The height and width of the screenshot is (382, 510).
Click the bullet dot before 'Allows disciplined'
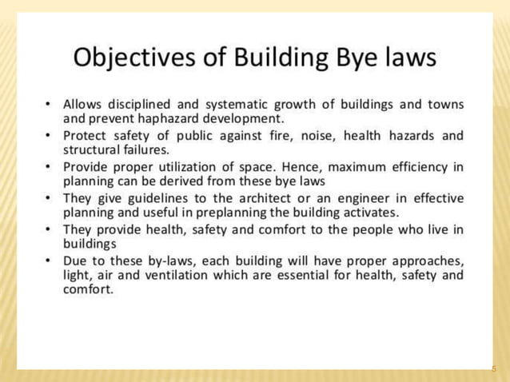(50, 105)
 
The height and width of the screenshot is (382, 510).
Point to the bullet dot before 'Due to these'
(50, 261)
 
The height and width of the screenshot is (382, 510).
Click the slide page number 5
(494, 369)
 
